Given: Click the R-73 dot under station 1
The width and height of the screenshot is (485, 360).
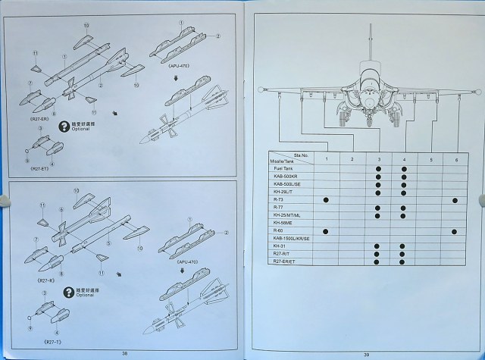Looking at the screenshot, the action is pyautogui.click(x=325, y=199).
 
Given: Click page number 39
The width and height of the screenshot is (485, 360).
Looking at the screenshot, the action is pyautogui.click(x=366, y=354).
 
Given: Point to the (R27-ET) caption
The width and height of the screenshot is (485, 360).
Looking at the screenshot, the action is pyautogui.click(x=40, y=167).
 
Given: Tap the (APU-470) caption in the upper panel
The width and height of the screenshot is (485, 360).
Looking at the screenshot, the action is pyautogui.click(x=178, y=67).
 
